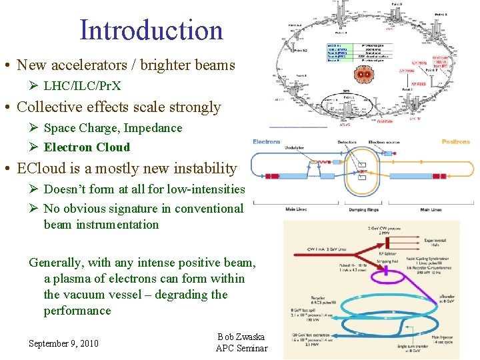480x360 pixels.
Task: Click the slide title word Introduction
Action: tap(151, 30)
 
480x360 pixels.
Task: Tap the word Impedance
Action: tap(151, 128)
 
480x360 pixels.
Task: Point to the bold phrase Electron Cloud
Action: tap(87, 147)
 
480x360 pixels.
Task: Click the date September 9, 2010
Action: tap(63, 343)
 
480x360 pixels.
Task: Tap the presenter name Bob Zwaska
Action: tap(241, 337)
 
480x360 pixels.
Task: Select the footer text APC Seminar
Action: tap(241, 348)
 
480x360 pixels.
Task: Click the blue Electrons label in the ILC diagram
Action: tap(267, 141)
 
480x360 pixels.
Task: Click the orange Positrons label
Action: tap(455, 141)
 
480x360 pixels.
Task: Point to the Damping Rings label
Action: tap(363, 210)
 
